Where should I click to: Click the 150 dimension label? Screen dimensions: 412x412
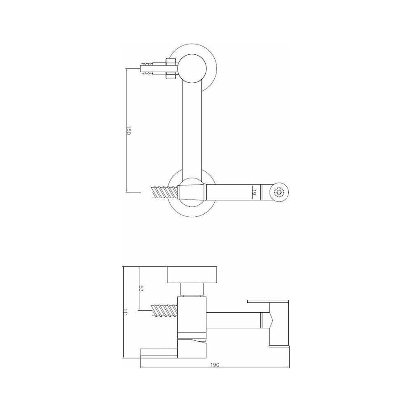[129, 131]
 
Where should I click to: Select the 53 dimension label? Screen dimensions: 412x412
[140, 289]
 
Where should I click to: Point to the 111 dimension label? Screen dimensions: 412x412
[125, 312]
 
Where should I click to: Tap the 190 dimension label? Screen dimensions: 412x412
[215, 365]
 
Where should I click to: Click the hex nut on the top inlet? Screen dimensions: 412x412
[171, 69]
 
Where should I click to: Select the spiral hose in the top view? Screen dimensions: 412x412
[164, 192]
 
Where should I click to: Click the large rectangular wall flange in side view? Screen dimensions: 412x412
[192, 275]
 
